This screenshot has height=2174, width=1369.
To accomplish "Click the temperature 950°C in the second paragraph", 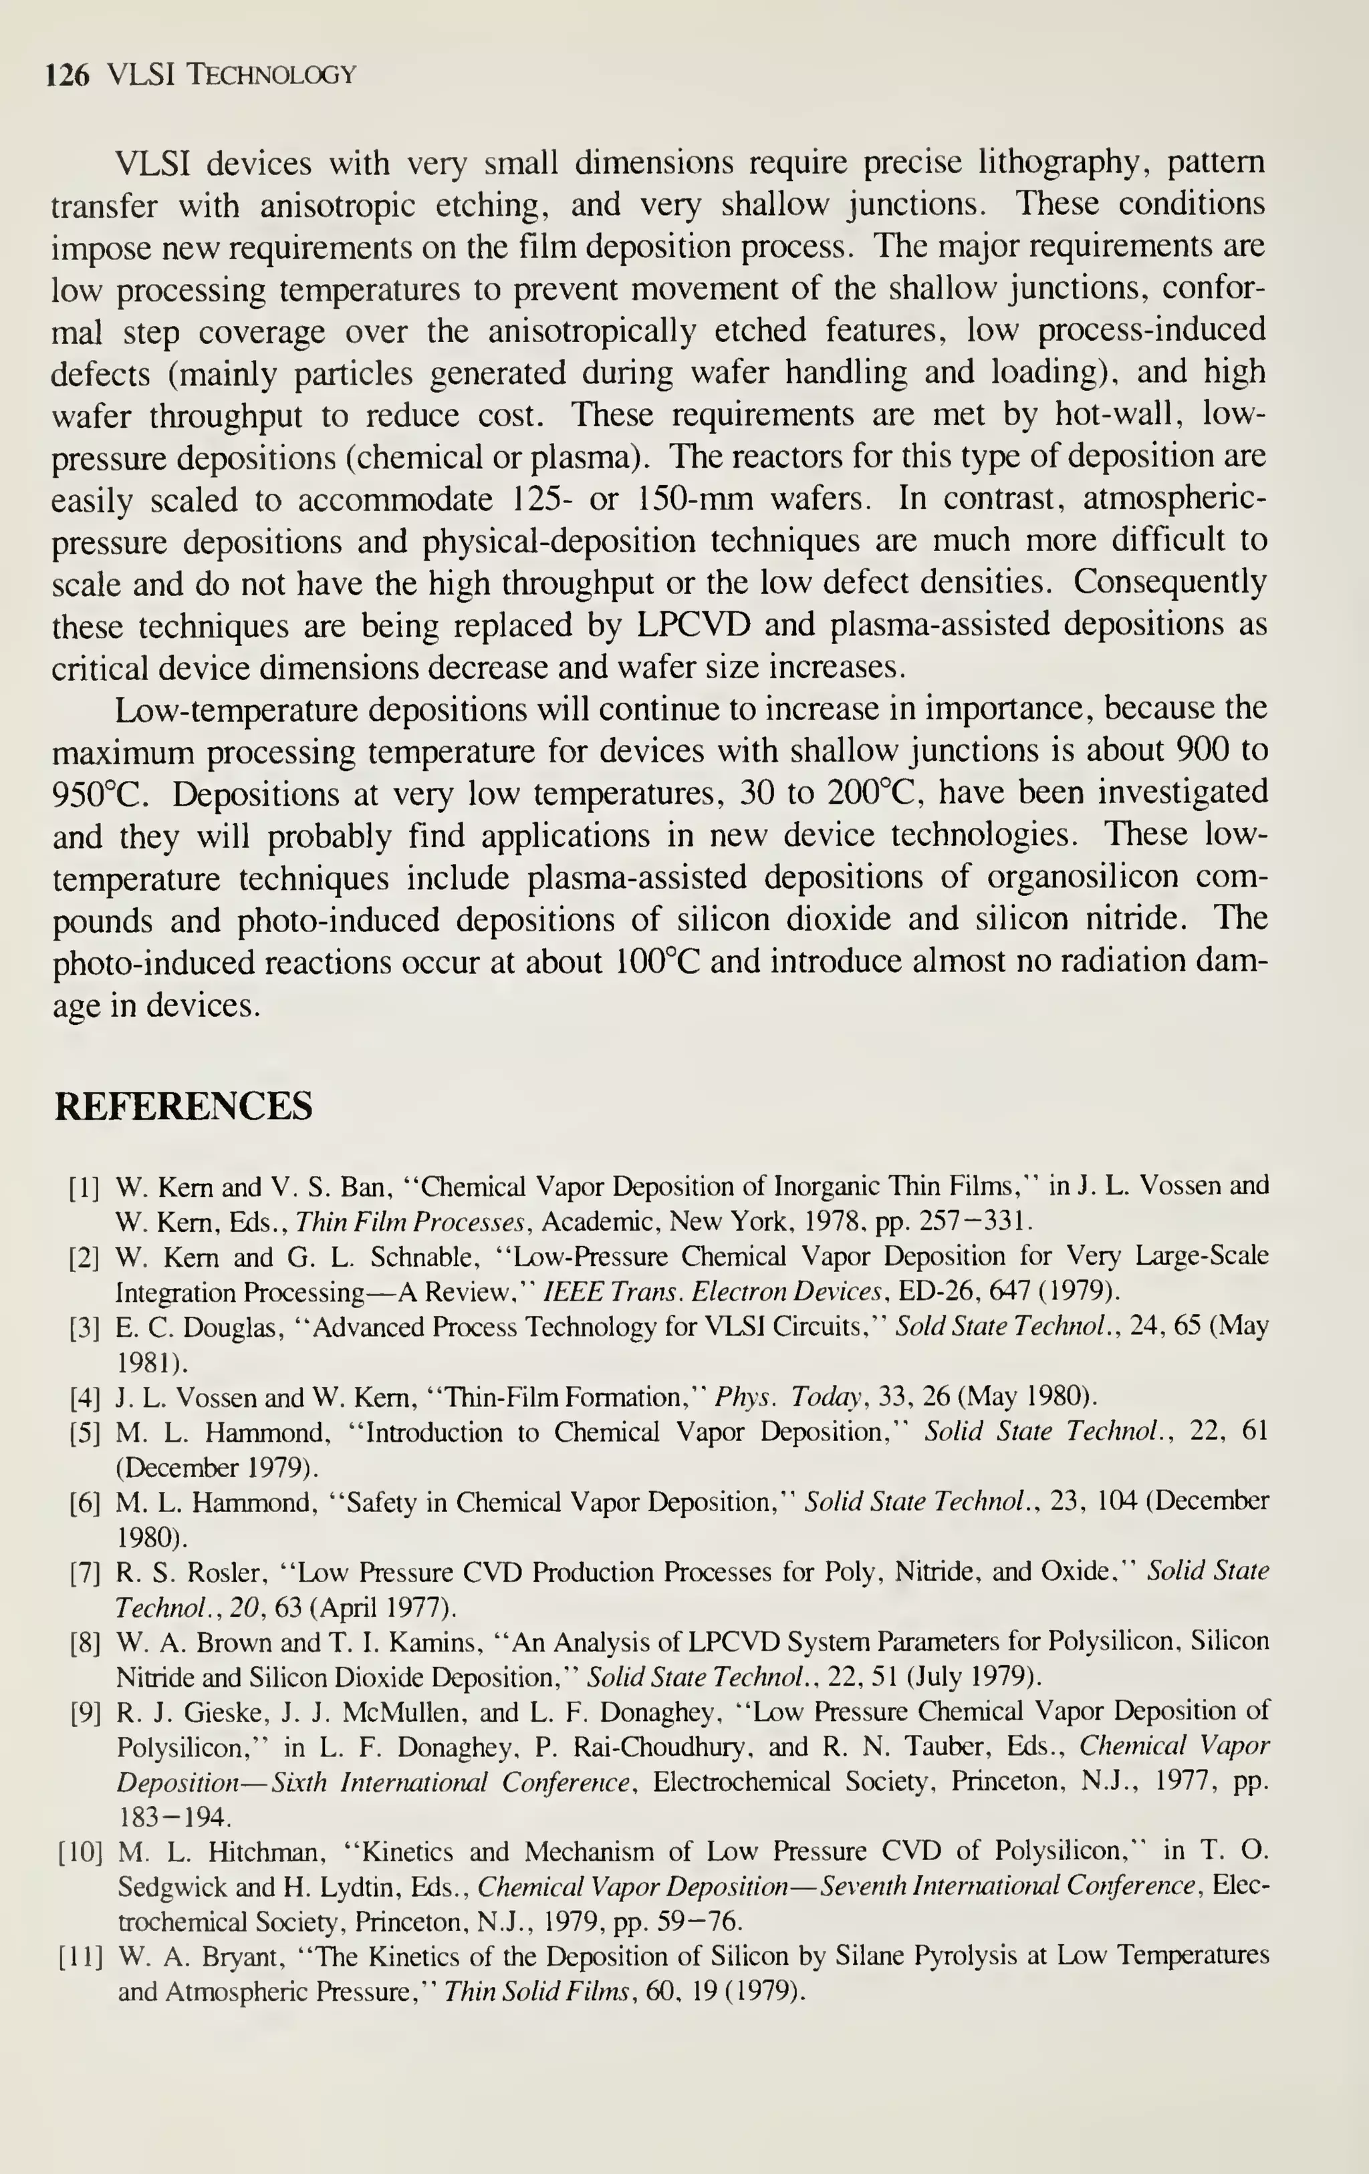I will (x=101, y=794).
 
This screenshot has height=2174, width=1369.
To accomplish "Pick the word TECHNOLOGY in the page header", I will (x=270, y=75).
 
